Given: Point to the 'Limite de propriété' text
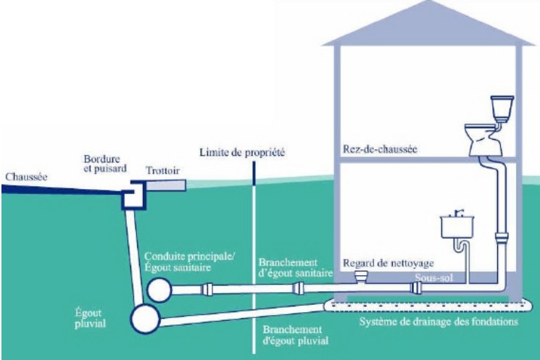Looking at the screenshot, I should click(242, 153).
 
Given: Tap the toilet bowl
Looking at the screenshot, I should click(486, 141).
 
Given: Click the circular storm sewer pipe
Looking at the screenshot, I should click(145, 317).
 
